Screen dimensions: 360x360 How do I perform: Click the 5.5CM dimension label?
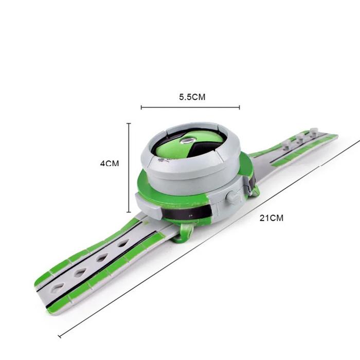(192, 97)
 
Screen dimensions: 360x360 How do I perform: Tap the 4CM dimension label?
(110, 164)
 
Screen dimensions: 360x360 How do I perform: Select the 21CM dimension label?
(272, 218)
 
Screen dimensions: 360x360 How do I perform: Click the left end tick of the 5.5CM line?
(141, 107)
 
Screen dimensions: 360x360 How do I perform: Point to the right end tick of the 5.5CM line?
(239, 107)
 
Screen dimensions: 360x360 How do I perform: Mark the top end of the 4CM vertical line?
(129, 123)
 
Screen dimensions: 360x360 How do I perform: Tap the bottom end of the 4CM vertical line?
(129, 212)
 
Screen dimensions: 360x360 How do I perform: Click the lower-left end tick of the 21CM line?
(60, 336)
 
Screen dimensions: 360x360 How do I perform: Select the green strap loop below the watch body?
(184, 233)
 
